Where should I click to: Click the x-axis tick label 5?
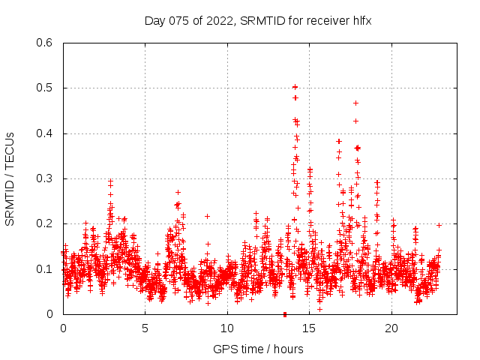(x=145, y=328)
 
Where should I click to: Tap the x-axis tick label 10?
(x=227, y=328)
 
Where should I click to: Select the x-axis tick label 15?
(x=310, y=328)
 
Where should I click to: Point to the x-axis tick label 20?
(x=391, y=328)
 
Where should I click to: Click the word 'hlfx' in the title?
(x=361, y=21)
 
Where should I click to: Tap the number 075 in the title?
(x=177, y=21)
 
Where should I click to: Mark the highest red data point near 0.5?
(x=295, y=87)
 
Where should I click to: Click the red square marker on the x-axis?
(x=284, y=314)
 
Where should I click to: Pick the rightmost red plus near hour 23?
(x=439, y=225)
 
